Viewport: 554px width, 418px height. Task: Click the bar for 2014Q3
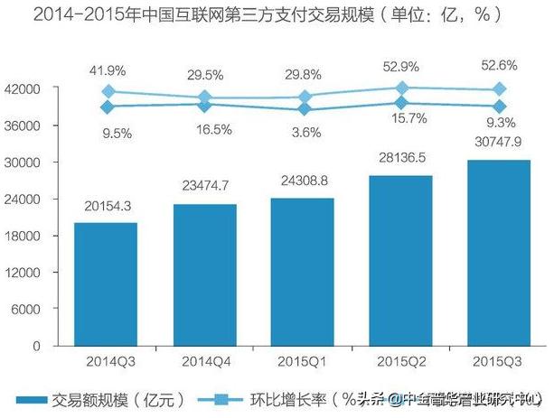click(106, 283)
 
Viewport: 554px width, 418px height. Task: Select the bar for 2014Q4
click(205, 274)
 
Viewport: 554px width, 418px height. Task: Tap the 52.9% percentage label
click(400, 66)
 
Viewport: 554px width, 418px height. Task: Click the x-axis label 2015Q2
click(401, 361)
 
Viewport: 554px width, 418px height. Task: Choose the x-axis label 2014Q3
click(106, 361)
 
